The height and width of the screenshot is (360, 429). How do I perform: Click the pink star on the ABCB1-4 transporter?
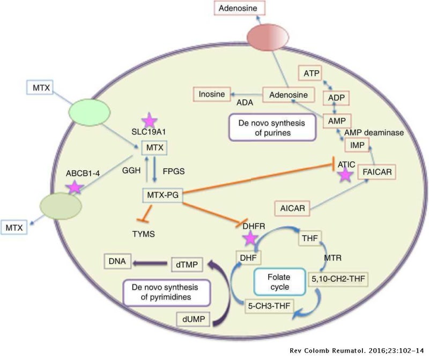(x=74, y=186)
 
